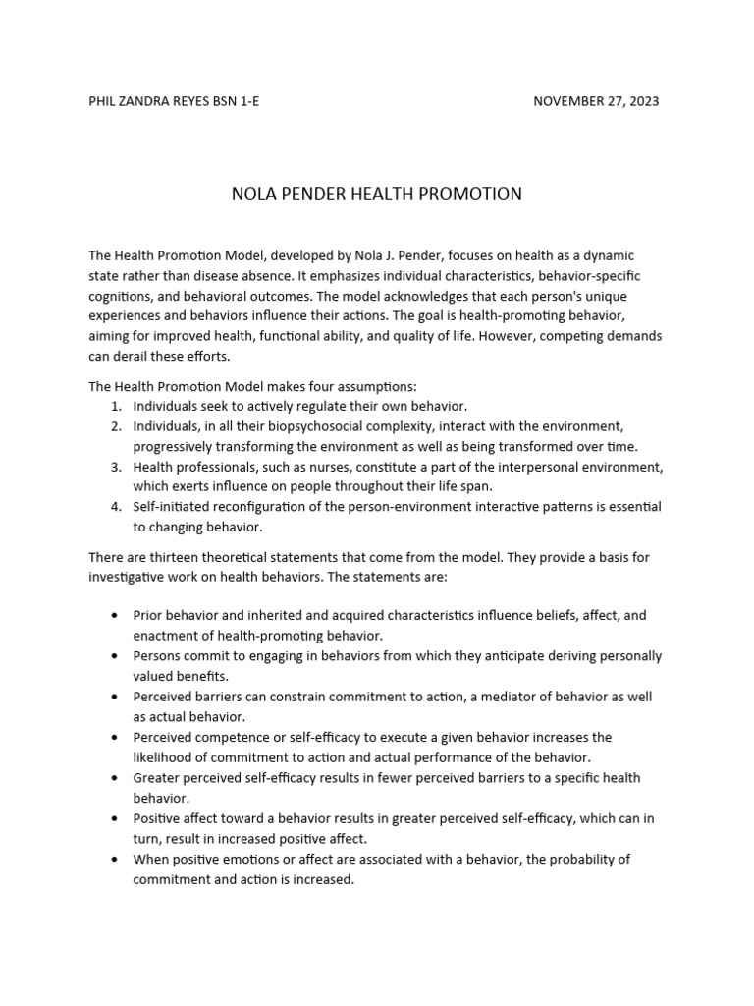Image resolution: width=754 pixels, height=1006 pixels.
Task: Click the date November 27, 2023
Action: coord(596,101)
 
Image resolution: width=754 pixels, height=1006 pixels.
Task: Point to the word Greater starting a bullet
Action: coord(156,777)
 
